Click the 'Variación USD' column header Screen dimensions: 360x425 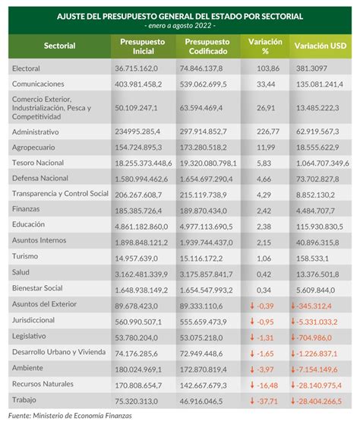[321, 46]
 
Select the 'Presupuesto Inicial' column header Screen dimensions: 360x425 [143, 46]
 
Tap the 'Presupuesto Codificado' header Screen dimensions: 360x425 [207, 46]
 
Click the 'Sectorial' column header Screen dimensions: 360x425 [59, 46]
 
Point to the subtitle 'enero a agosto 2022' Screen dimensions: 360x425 [180, 26]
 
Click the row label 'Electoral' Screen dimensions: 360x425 [26, 68]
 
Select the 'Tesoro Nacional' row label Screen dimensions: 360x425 [38, 163]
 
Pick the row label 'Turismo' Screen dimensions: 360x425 [25, 256]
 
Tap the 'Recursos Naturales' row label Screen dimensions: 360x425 [43, 384]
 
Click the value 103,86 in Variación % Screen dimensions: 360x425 [268, 68]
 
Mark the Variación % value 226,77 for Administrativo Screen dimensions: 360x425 [268, 132]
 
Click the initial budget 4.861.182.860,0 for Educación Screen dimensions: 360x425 [141, 227]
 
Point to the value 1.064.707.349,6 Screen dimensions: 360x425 [322, 163]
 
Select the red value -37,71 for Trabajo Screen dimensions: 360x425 [267, 401]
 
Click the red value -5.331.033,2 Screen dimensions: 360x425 [317, 322]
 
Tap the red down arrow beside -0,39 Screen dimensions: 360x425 [252, 306]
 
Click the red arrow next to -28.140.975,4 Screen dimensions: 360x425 [293, 385]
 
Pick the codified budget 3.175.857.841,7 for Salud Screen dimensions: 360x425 [206, 274]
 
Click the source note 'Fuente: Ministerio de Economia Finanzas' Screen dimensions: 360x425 [70, 416]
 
